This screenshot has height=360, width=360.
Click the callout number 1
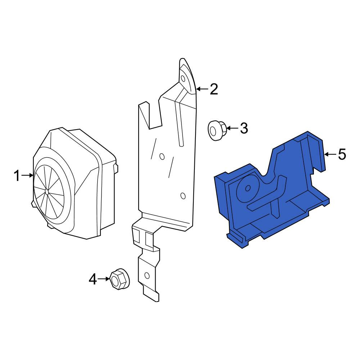(x=17, y=176)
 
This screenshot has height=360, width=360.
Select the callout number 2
(x=214, y=89)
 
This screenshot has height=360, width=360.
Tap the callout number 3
(x=244, y=128)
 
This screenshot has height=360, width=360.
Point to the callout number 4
(x=93, y=279)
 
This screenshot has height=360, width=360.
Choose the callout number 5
(x=342, y=154)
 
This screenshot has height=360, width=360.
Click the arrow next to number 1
(x=27, y=175)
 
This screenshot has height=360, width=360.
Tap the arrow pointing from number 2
(x=202, y=89)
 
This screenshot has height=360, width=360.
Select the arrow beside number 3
(x=233, y=128)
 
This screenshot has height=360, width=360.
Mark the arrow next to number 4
(x=104, y=279)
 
